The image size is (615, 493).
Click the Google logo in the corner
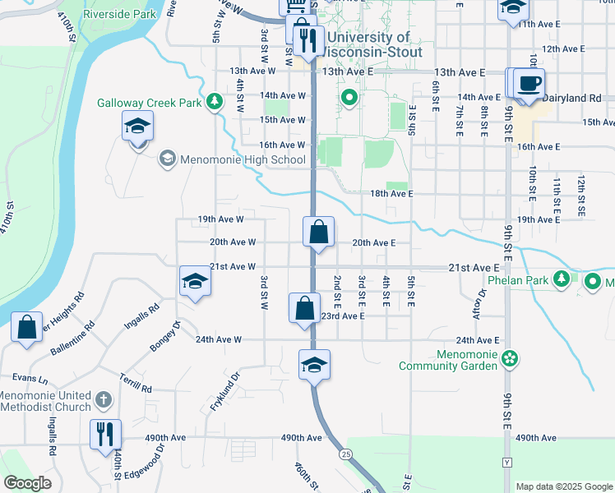27,483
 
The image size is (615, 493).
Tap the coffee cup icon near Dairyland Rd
530,82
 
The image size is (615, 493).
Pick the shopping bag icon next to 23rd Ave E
304,308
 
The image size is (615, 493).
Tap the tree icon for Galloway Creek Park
215,102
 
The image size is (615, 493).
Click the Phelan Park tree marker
562,279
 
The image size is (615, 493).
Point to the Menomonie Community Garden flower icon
510,358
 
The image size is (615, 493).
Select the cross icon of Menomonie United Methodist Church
102,399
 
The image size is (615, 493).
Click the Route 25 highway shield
345,454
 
